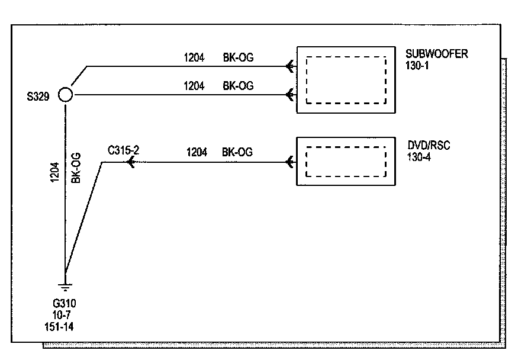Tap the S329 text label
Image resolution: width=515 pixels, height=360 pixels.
(38, 97)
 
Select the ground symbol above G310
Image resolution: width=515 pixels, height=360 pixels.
(65, 287)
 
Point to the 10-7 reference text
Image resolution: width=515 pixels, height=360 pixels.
(62, 315)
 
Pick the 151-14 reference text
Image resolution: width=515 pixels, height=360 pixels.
(59, 327)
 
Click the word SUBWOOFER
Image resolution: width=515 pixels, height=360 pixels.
(436, 53)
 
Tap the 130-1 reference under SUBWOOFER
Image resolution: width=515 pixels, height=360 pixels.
(417, 66)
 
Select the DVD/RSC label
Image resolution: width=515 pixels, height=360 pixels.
(429, 145)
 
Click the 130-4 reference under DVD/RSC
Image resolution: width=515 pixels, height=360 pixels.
(419, 157)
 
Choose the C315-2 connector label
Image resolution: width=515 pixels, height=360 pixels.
(124, 150)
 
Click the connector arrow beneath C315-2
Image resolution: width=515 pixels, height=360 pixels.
(131, 162)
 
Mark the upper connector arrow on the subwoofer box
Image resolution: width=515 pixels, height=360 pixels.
(289, 66)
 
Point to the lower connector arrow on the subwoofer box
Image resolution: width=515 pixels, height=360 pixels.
(289, 95)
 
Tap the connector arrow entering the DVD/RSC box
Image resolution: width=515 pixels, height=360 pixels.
(289, 162)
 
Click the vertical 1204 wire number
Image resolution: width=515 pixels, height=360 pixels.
(54, 172)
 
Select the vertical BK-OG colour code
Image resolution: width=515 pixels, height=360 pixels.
(76, 168)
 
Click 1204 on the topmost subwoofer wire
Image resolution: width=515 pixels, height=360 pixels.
(194, 57)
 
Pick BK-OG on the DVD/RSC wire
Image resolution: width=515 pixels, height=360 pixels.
(237, 152)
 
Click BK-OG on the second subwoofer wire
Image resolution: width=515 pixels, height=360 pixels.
(239, 86)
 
